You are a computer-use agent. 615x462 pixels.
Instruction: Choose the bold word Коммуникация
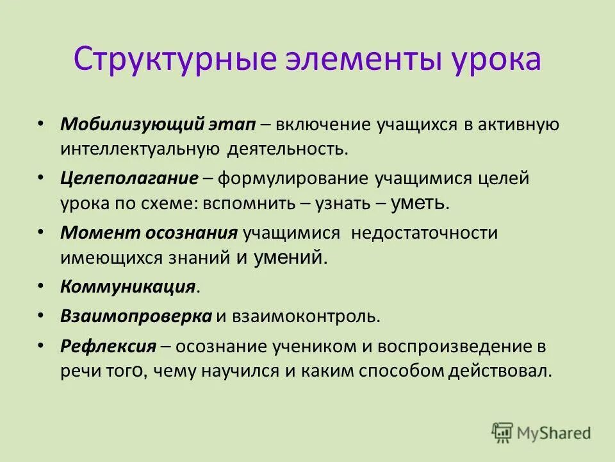pyautogui.click(x=127, y=286)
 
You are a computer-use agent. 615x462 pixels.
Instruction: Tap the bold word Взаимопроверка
pyautogui.click(x=136, y=316)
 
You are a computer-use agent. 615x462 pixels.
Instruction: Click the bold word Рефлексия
pyautogui.click(x=108, y=346)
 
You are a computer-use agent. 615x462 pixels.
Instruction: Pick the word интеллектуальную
pyautogui.click(x=140, y=149)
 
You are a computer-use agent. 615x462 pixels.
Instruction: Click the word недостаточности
pyautogui.click(x=424, y=233)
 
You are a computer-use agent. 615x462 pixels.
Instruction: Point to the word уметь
pyautogui.click(x=418, y=203)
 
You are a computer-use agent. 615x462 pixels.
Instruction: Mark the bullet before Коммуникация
pyautogui.click(x=41, y=284)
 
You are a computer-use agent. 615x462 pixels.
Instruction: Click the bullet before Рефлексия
pyautogui.click(x=41, y=345)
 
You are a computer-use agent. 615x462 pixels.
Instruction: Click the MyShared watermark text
pyautogui.click(x=555, y=433)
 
